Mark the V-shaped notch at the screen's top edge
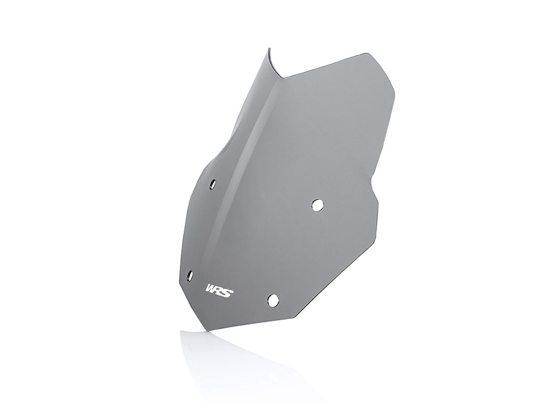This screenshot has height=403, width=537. tap(283, 77)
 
